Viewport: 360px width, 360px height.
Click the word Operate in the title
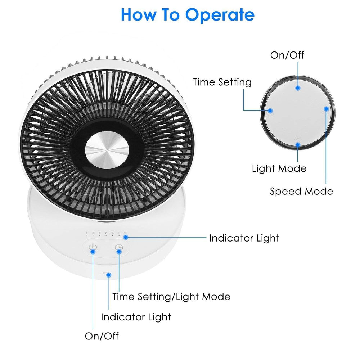[x=220, y=15]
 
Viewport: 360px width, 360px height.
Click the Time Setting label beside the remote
[x=222, y=82]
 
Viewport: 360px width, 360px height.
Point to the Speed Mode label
[x=301, y=191]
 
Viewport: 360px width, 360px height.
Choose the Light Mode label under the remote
[x=279, y=168]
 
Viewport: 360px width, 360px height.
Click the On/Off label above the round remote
[x=287, y=55]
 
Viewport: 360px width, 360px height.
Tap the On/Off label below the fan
[x=102, y=336]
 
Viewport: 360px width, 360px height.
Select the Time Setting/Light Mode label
[x=171, y=297]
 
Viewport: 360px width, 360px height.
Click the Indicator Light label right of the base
[x=244, y=238]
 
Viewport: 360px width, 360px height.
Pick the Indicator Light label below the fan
[x=136, y=317]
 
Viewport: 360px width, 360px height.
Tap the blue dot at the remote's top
[x=298, y=87]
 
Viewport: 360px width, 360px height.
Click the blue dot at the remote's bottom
[x=298, y=144]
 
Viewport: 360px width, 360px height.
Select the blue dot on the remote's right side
[x=326, y=108]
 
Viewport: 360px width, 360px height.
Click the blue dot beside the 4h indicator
[x=127, y=237]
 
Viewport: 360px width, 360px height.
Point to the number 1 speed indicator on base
[x=87, y=233]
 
